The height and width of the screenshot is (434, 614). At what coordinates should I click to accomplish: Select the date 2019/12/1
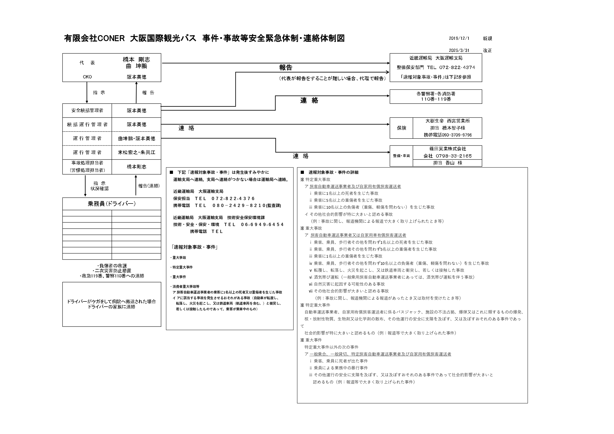[459, 39]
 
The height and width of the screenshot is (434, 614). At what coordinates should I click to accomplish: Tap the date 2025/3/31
[459, 50]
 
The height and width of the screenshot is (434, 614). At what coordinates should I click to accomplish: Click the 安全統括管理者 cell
[87, 111]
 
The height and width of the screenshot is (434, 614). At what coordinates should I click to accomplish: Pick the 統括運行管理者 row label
[87, 125]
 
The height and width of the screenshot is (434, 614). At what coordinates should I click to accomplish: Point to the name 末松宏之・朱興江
[136, 153]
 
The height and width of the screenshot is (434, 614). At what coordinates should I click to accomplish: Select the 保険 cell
[401, 128]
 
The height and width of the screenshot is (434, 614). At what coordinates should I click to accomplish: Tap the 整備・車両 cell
[401, 156]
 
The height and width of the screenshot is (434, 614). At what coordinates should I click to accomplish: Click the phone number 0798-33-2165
[454, 156]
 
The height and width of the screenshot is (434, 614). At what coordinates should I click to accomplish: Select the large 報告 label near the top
[286, 68]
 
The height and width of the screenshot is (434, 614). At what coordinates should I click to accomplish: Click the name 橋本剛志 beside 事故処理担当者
[136, 167]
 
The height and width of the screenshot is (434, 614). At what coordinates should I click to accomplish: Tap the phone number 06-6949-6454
[262, 225]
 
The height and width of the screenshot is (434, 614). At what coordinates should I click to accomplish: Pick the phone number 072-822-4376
[233, 199]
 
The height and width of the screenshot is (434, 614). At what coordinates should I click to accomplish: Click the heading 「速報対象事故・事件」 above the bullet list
[195, 247]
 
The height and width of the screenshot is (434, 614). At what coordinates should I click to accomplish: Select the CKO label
[87, 77]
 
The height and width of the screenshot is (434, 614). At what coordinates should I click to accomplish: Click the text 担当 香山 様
[447, 163]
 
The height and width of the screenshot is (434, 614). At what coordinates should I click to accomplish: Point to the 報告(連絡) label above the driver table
[149, 186]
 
